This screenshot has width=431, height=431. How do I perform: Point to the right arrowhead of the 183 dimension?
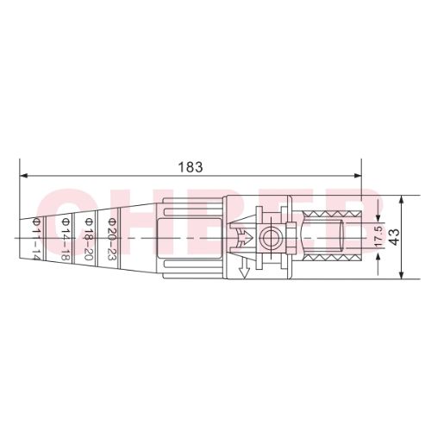pyautogui.click(x=377, y=174)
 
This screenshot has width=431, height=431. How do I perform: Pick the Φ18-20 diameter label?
pyautogui.click(x=88, y=239)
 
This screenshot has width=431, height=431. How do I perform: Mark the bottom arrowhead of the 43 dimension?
pyautogui.click(x=403, y=277)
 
